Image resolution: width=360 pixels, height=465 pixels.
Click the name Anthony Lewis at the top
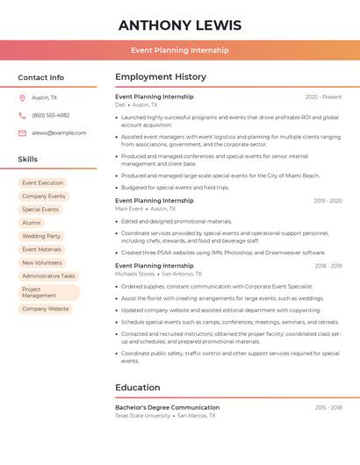tap(180, 25)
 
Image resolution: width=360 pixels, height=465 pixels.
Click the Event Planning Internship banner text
tap(180, 50)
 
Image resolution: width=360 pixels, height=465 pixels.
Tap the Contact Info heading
tap(40, 77)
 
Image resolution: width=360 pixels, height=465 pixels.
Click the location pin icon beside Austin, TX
tap(22, 98)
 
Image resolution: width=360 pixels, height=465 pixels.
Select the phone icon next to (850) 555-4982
tap(22, 116)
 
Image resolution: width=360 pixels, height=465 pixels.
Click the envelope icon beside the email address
tap(22, 133)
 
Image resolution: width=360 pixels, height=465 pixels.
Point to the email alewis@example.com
tap(59, 133)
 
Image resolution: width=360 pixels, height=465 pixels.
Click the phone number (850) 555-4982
tap(50, 116)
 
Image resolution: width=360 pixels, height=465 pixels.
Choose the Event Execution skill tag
tap(42, 183)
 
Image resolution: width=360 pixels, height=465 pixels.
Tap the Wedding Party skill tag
tap(41, 236)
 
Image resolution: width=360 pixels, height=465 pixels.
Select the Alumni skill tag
tap(32, 223)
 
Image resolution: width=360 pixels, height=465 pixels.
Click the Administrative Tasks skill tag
tap(48, 275)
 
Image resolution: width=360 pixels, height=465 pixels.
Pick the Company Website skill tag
tap(45, 309)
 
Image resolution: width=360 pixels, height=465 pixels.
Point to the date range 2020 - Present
tap(323, 97)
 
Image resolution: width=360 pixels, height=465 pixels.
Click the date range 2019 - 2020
tap(328, 201)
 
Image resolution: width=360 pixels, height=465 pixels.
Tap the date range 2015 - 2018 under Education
tap(328, 407)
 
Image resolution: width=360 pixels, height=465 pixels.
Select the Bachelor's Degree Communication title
tap(167, 407)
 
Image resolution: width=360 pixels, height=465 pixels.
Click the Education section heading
tap(137, 388)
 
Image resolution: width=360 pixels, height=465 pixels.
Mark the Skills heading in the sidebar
tap(27, 159)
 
